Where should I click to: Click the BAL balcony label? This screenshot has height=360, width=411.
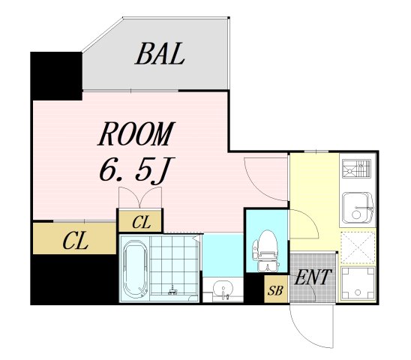pyautogui.click(x=160, y=54)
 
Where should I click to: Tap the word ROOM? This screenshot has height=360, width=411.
pyautogui.click(x=136, y=134)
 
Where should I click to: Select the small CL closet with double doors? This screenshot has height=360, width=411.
pyautogui.click(x=140, y=221)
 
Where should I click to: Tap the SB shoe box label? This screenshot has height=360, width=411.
pyautogui.click(x=276, y=290)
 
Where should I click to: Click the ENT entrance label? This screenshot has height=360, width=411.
pyautogui.click(x=312, y=277)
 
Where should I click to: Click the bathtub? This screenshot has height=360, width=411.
pyautogui.click(x=135, y=269)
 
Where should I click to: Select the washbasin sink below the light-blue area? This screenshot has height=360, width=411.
pyautogui.click(x=223, y=289)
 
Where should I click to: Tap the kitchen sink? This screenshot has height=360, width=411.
pyautogui.click(x=358, y=206)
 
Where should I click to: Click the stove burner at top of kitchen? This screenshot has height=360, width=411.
pyautogui.click(x=356, y=169)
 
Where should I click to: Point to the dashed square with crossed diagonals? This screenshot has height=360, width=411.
pyautogui.click(x=358, y=247)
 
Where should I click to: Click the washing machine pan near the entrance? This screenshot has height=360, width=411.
pyautogui.click(x=358, y=283)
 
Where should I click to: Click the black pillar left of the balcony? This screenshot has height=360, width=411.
pyautogui.click(x=56, y=76)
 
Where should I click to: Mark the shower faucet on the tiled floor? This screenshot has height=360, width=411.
pyautogui.click(x=173, y=290)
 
